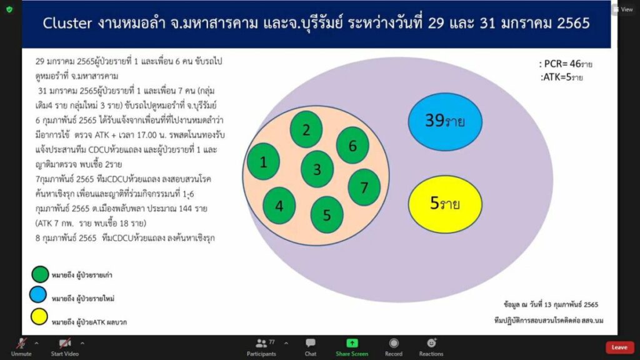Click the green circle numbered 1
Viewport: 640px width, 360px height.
263,162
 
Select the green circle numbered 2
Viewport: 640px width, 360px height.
306,129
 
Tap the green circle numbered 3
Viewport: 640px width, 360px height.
317,169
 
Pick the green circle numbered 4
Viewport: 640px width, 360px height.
279,206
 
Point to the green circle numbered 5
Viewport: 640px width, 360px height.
327,215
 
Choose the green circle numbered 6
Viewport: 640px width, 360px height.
352,145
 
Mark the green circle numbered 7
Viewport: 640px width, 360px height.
364,187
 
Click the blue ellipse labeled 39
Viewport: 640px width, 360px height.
445,122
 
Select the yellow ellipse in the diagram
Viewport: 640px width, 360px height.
445,204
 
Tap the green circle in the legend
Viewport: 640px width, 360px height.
40,274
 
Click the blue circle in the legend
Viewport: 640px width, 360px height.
38,295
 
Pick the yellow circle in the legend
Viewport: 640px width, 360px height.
39,317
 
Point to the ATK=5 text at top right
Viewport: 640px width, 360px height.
562,77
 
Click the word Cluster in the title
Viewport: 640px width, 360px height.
67,23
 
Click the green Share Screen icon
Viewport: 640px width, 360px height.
352,343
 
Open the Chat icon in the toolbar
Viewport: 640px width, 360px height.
311,343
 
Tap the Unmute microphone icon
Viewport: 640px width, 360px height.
21,343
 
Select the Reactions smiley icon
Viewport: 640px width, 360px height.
431,343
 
